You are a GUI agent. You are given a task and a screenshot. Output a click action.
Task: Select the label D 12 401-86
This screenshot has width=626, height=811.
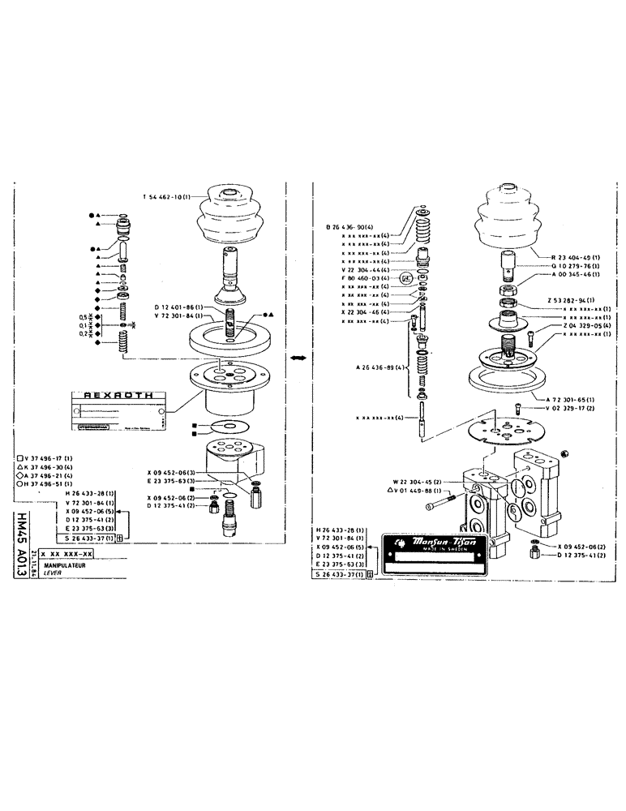pos(178,307)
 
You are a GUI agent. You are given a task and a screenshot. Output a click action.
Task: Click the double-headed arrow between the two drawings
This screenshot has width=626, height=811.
pos(298,358)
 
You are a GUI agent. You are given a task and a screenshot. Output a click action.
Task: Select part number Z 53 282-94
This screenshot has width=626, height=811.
pos(571,300)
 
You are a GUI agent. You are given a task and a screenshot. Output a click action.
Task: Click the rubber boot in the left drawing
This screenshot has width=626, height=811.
pos(233,218)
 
